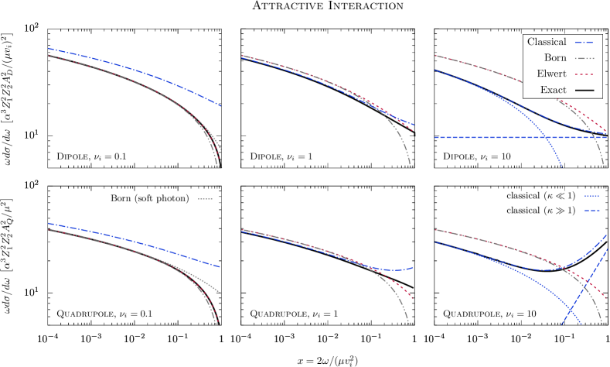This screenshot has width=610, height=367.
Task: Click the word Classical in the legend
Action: (x=547, y=42)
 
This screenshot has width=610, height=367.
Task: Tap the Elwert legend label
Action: (x=551, y=74)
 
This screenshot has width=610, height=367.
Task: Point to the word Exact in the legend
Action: (x=553, y=90)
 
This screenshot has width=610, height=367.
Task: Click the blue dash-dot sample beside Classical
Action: (x=585, y=42)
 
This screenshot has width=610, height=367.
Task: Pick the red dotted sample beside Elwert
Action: (x=585, y=74)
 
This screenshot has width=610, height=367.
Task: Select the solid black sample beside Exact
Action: (x=585, y=91)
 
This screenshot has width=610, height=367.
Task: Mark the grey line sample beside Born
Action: (x=585, y=58)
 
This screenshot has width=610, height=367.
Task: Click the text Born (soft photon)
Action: (x=149, y=198)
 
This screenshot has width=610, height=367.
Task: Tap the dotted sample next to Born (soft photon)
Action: (x=205, y=199)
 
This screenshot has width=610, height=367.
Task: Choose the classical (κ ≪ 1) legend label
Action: (x=540, y=196)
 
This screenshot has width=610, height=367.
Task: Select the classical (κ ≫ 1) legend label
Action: (x=540, y=211)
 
